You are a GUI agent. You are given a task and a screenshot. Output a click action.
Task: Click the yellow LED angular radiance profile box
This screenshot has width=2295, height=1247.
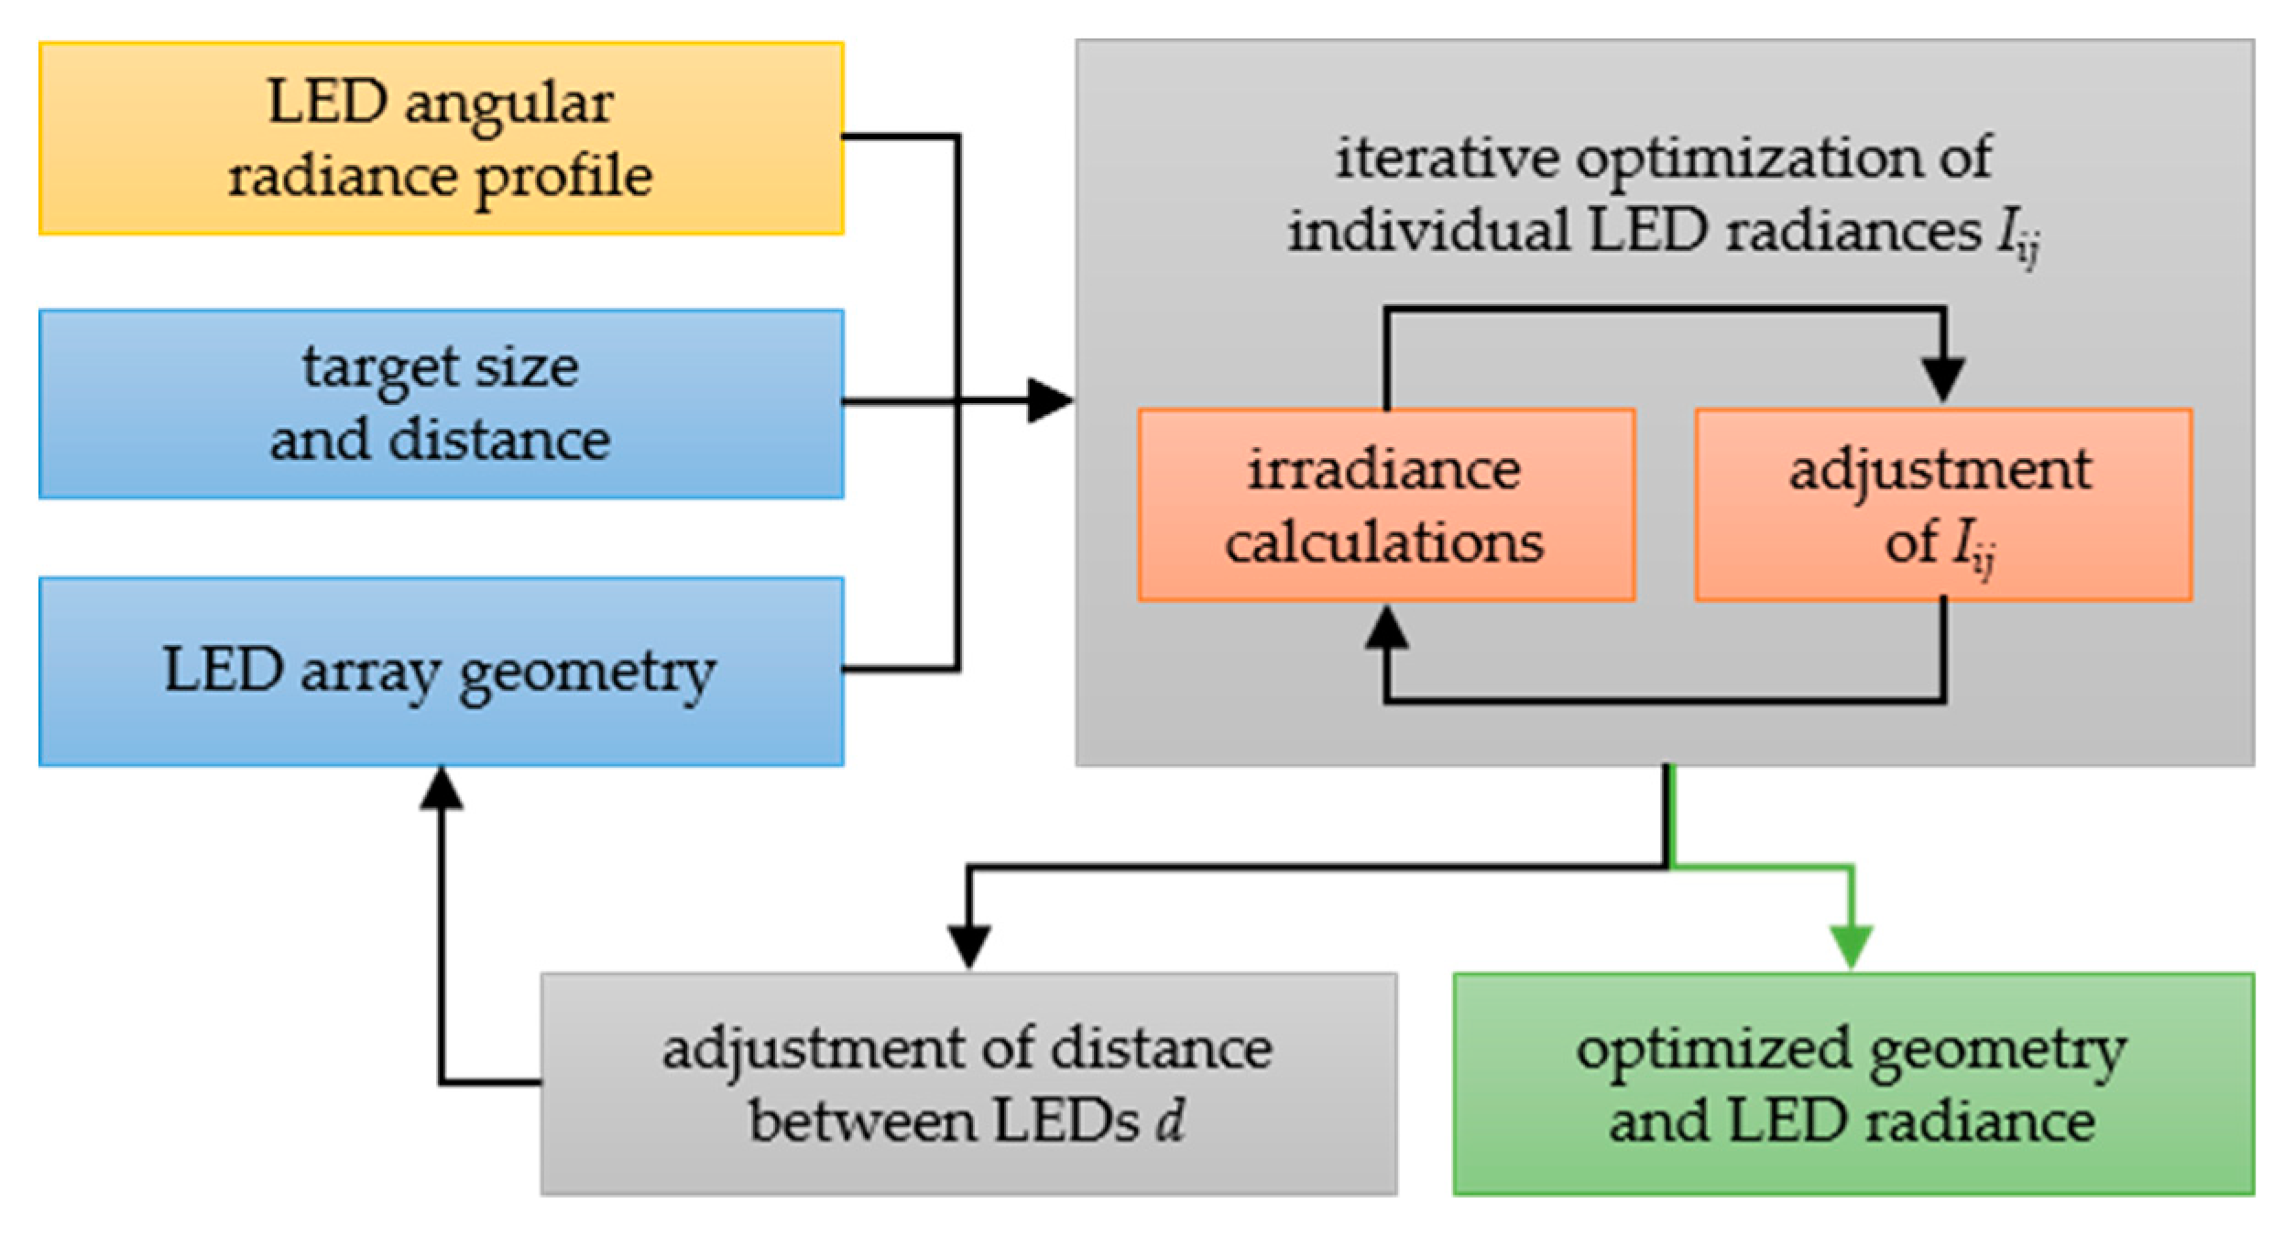click(441, 138)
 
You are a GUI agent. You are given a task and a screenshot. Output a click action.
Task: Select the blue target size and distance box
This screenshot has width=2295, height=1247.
click(441, 404)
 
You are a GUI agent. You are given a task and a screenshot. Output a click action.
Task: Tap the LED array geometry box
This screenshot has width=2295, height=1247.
click(441, 671)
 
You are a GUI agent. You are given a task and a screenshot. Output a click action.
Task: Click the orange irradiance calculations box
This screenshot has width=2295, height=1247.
click(1385, 505)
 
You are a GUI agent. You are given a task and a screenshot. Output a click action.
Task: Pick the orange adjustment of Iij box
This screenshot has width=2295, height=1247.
click(1942, 505)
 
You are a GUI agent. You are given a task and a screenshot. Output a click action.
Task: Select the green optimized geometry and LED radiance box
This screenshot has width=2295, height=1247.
click(1852, 1084)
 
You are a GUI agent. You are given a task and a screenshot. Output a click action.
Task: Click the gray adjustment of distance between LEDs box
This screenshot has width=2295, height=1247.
click(968, 1084)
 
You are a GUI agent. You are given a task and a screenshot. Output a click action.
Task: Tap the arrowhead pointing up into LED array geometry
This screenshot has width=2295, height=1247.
click(441, 789)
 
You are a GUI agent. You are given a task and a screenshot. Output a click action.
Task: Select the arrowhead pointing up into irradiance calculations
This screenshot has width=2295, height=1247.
click(1386, 628)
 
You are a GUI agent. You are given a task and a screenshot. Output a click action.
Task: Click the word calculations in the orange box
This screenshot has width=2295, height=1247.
click(1384, 542)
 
